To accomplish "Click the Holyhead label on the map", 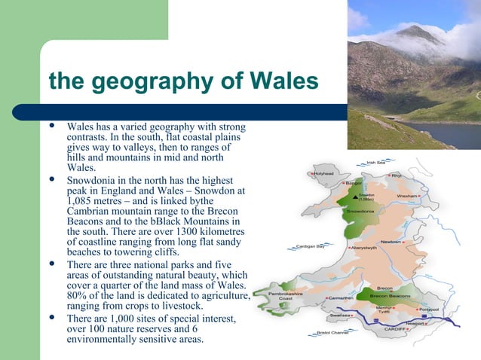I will click(x=325, y=172).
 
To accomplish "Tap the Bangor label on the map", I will click(x=354, y=183).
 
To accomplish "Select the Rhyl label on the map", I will click(x=397, y=175).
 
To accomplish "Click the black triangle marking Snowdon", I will click(x=358, y=194).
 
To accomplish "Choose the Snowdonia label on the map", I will click(x=359, y=211).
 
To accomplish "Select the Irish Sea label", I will click(x=375, y=161).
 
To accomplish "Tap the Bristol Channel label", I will click(x=332, y=332).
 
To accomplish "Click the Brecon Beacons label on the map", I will click(x=389, y=297).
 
